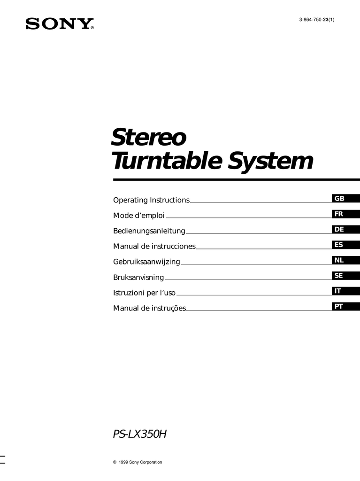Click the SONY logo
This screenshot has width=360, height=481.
click(60, 23)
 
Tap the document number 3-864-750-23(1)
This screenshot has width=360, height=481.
click(317, 20)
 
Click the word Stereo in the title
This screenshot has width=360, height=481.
click(148, 137)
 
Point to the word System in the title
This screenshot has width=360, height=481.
click(270, 161)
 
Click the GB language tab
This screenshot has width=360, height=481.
click(345, 199)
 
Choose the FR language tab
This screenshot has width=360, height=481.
click(345, 214)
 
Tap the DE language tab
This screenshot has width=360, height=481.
click(345, 229)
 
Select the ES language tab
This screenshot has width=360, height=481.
click(345, 244)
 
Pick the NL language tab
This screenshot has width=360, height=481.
click(345, 260)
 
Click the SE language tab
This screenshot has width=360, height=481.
click(345, 275)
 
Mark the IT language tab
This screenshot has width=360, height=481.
click(345, 291)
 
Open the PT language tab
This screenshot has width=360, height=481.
click(345, 306)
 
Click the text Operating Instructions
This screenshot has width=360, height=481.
click(152, 200)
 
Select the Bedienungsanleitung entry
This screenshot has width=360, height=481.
click(149, 231)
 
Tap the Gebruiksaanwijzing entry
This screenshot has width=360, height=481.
click(146, 262)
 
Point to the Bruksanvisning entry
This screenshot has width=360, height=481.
click(138, 277)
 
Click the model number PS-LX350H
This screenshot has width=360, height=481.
click(140, 434)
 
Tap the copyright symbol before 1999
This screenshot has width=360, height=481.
click(115, 462)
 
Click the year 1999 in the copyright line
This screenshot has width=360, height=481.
click(123, 462)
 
